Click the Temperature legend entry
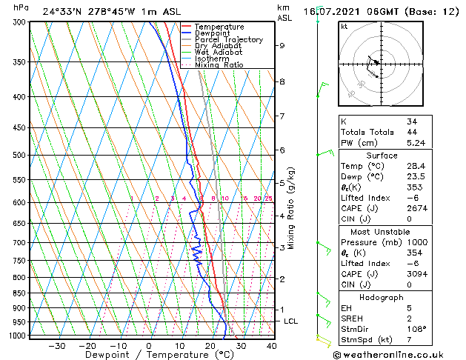[220, 27]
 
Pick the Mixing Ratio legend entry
[219, 65]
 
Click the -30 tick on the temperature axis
[57, 346]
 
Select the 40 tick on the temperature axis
[271, 346]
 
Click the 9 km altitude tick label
[282, 45]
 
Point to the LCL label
[291, 321]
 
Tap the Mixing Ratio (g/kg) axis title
[291, 208]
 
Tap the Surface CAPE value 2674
[416, 208]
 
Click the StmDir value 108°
[415, 329]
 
